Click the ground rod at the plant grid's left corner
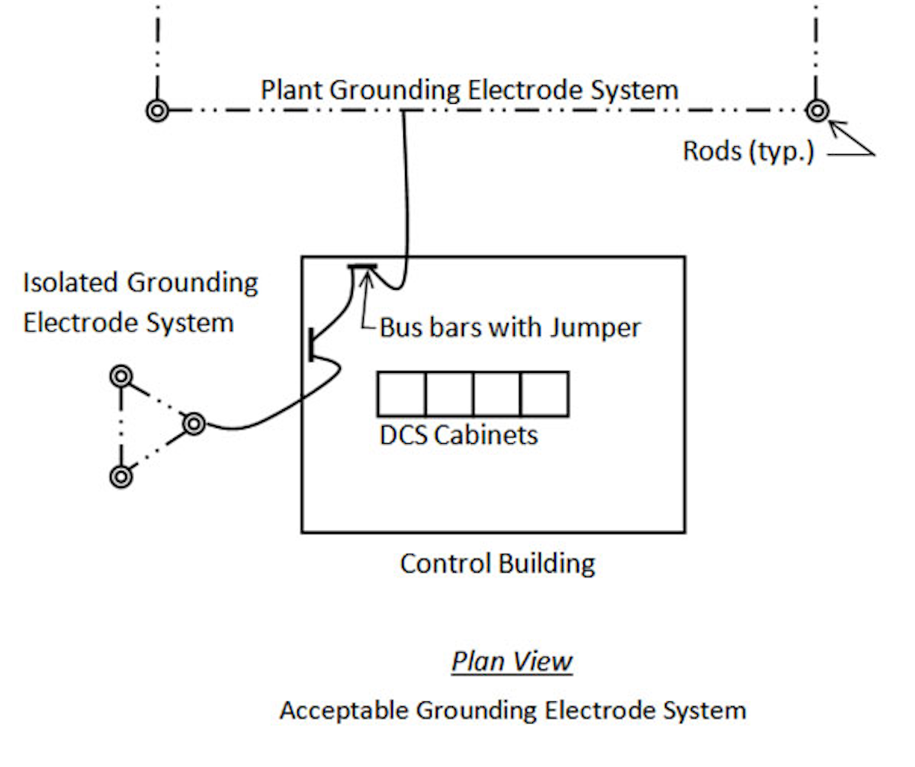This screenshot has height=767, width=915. click(157, 111)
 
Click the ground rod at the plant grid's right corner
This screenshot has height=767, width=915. click(817, 111)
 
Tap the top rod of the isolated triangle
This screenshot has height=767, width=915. click(120, 377)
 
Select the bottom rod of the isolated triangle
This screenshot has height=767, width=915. click(120, 477)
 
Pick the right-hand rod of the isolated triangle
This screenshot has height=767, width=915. click(194, 422)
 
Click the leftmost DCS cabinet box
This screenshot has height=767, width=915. click(401, 393)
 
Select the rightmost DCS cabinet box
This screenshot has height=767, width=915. click(544, 393)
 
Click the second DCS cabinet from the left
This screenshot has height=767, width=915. click(449, 393)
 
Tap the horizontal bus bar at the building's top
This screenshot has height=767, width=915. click(362, 267)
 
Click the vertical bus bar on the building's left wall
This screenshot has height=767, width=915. click(312, 344)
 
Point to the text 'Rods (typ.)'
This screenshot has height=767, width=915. click(748, 151)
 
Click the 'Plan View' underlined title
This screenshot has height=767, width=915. click(512, 661)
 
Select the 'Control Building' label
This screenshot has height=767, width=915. click(497, 563)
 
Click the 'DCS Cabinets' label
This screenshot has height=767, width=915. click(458, 435)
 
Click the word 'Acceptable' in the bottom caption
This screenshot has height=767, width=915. click(342, 711)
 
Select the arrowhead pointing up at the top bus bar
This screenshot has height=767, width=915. click(366, 277)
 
